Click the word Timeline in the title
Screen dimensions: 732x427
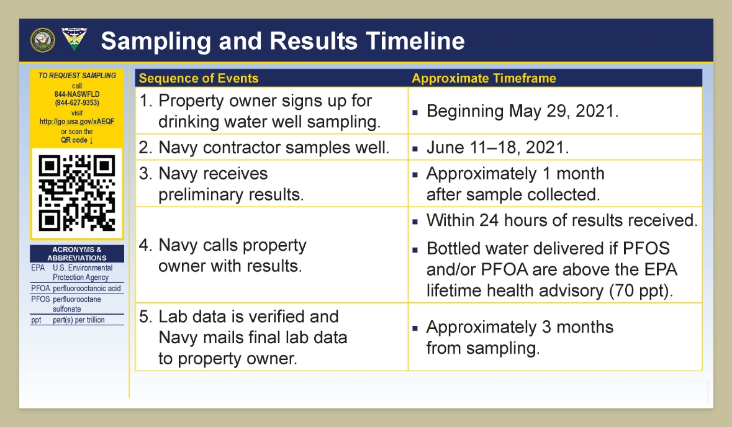click(415, 40)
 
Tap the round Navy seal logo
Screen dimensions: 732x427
click(42, 40)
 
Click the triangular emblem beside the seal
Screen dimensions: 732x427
click(75, 39)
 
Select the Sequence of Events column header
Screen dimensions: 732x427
click(199, 78)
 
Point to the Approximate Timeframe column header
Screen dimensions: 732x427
click(484, 78)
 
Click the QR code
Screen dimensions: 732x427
click(77, 193)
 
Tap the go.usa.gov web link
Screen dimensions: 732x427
click(77, 121)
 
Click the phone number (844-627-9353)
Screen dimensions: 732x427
click(77, 102)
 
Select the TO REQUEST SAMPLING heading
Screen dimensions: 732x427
click(77, 76)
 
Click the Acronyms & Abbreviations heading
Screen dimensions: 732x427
click(77, 253)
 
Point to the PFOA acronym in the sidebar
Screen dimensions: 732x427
click(40, 289)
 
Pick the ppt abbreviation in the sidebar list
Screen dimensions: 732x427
click(36, 320)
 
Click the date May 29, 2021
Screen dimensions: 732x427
click(564, 112)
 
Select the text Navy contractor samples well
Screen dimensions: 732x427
click(274, 148)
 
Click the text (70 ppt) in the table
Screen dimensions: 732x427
click(641, 290)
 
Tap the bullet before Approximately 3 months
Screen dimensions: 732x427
click(415, 328)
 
